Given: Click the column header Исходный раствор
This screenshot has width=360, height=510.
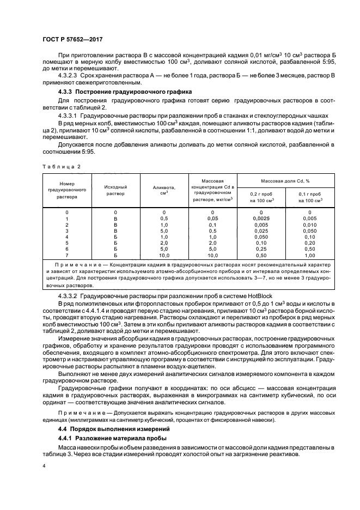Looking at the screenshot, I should [115, 190].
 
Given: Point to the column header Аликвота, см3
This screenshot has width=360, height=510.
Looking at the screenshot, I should [163, 190].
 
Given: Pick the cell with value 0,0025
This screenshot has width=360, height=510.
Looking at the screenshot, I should [261, 218].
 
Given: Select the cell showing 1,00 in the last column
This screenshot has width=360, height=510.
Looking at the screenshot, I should [309, 255].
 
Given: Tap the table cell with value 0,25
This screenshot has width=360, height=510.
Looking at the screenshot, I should [261, 249].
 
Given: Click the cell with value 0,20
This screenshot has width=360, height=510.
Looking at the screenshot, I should [309, 242].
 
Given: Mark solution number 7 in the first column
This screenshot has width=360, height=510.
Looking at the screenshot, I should [67, 255].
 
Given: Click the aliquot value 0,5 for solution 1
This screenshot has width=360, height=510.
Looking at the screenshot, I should [163, 218].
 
